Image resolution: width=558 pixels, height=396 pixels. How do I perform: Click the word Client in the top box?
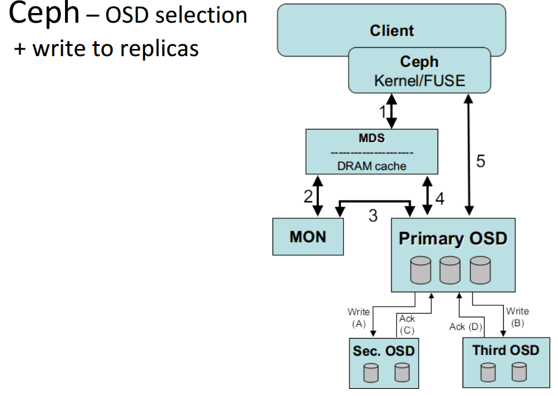[x=392, y=30]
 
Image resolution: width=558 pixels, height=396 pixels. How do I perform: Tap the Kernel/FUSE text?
[x=420, y=81]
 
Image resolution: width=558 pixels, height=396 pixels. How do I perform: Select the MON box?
[x=308, y=237]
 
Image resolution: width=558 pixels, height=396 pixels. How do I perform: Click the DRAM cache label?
[x=371, y=166]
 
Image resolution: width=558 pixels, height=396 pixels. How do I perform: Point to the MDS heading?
[x=371, y=138]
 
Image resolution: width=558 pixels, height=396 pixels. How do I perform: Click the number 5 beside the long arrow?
[x=480, y=161]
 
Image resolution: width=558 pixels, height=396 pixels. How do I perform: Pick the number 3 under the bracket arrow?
[x=373, y=215]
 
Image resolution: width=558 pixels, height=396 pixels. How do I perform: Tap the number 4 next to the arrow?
[x=440, y=199]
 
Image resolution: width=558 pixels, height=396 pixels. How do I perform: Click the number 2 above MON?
[x=308, y=196]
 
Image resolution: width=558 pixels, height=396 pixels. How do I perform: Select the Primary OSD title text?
[x=452, y=238]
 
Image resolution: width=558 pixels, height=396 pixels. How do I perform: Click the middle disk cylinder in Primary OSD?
[x=450, y=270]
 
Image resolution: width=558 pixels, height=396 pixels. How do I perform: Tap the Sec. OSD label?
[x=384, y=351]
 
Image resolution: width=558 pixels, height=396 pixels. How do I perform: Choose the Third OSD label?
[x=506, y=350]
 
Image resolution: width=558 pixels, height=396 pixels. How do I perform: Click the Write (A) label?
[x=359, y=318]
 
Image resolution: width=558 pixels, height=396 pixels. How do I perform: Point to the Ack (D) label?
[x=466, y=327]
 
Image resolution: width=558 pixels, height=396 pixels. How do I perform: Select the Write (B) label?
[x=517, y=317]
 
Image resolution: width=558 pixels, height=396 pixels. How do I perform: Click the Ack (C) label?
[x=407, y=324]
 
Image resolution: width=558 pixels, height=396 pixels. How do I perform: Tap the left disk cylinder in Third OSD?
[x=488, y=372]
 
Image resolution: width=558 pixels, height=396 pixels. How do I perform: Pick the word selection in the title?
[x=201, y=16]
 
